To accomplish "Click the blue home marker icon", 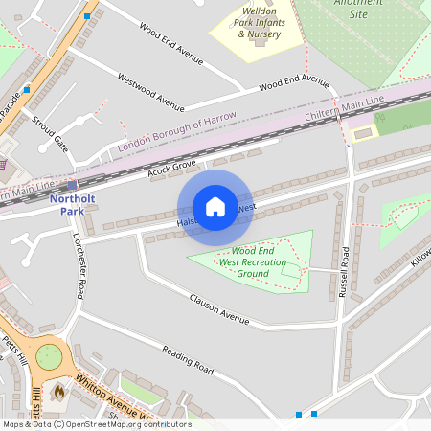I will tap(215, 207).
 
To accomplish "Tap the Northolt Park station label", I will tap(73, 204).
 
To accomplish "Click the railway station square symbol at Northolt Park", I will tap(72, 185).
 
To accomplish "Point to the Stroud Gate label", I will tap(50, 134).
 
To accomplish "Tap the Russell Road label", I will tap(344, 272).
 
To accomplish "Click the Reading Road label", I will tap(187, 358).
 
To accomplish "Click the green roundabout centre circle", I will tap(49, 357).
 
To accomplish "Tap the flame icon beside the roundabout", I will tap(58, 392).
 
